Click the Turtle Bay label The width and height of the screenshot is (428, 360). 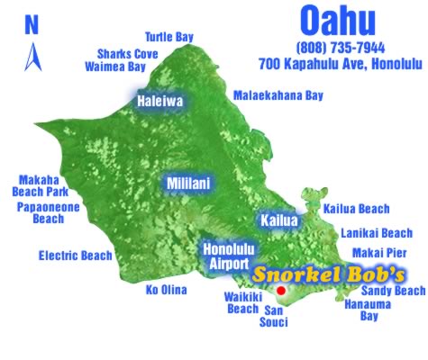[169, 37]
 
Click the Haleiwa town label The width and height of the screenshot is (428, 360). [159, 102]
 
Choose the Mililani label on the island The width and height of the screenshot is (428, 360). [188, 184]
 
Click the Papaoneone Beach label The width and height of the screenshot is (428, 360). [48, 212]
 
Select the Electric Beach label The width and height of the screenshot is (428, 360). [75, 256]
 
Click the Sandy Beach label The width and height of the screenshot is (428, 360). [392, 291]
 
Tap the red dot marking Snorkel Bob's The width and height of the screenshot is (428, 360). [281, 291]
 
